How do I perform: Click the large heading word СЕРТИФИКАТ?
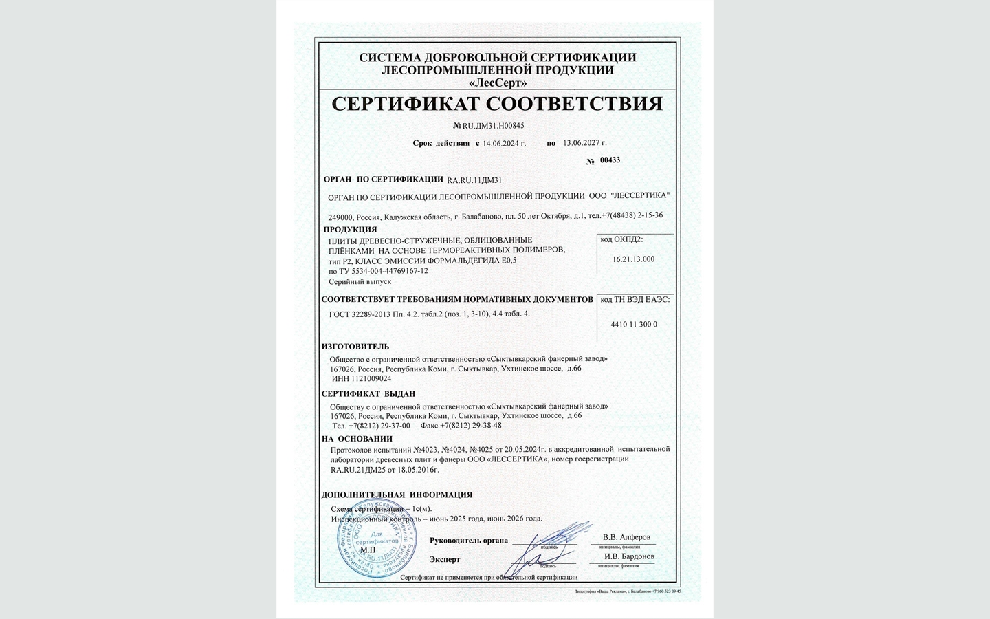pos(405,104)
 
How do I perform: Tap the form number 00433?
pos(610,160)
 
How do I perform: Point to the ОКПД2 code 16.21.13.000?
pos(633,259)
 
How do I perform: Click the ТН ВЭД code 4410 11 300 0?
pos(634,324)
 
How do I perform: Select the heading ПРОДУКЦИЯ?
pos(350,230)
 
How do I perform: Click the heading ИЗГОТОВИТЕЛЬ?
pos(355,347)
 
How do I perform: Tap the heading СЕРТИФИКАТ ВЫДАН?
pos(368,394)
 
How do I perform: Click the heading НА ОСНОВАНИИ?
pos(357,439)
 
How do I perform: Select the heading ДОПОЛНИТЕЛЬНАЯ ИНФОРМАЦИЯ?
pos(397,495)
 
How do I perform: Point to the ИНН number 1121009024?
pos(371,379)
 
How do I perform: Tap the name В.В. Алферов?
pos(626,537)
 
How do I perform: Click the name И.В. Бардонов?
pos(629,556)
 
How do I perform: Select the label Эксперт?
pos(445,560)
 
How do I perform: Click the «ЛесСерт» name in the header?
pos(497,83)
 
